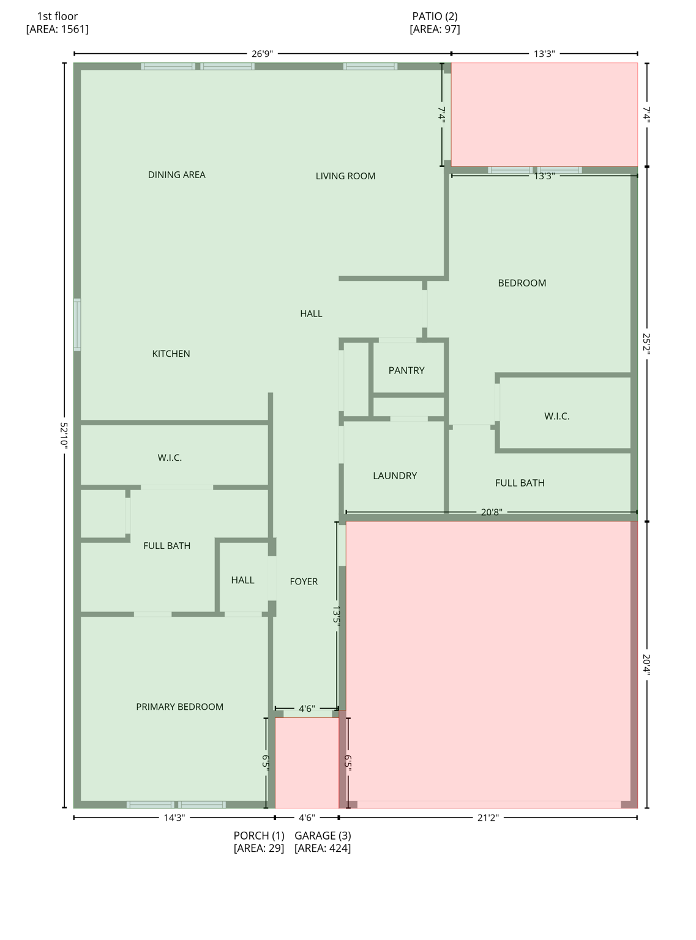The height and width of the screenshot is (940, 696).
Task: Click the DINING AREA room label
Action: tap(176, 175)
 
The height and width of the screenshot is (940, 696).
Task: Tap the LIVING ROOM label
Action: tap(345, 176)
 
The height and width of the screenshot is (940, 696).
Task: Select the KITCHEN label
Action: tap(171, 354)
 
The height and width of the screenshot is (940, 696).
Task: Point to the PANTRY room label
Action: tap(406, 370)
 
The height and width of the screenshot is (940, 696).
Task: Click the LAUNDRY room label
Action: tap(395, 476)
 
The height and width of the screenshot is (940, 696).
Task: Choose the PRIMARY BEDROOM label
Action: tap(179, 707)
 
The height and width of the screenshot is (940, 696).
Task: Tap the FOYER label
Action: tap(304, 581)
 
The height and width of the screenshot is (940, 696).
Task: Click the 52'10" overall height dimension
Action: tap(64, 435)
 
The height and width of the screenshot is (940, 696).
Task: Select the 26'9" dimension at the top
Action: tap(262, 54)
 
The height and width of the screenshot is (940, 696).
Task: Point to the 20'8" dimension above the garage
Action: tap(491, 512)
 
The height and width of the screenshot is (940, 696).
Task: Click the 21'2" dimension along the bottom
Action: tap(488, 818)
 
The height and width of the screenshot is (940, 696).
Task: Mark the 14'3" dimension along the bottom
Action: tap(174, 818)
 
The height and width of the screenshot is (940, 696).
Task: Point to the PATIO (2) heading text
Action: tap(435, 17)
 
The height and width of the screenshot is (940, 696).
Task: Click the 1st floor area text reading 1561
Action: tap(57, 29)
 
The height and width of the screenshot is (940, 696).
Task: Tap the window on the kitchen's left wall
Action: tap(77, 324)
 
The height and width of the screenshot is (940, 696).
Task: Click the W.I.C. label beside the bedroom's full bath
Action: tap(556, 416)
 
